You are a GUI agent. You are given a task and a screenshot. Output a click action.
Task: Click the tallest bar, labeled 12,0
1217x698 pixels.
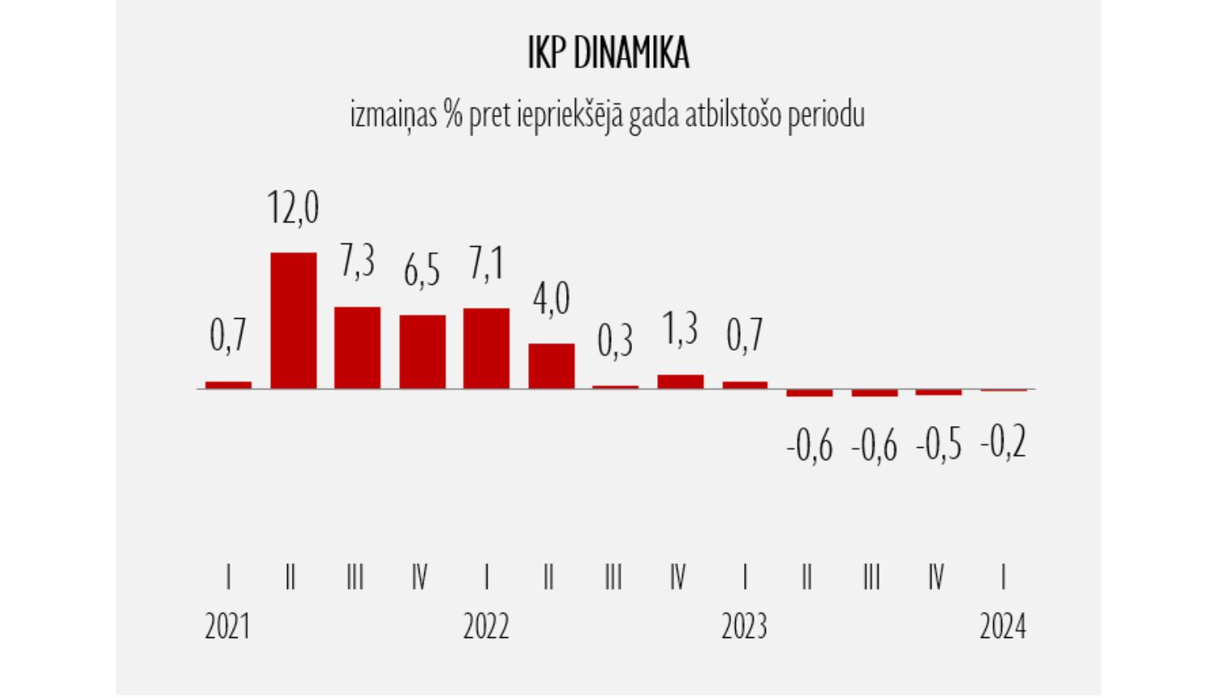point(293,321)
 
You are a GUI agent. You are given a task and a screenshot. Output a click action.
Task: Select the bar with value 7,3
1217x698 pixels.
point(357,347)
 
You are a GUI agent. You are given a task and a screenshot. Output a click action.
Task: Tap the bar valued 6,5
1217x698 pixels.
point(422,351)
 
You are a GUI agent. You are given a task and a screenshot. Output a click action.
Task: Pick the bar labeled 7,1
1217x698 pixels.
point(486,348)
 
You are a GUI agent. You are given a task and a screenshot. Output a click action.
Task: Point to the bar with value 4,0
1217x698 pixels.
point(551,366)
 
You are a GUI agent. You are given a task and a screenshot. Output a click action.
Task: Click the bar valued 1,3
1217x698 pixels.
point(680,381)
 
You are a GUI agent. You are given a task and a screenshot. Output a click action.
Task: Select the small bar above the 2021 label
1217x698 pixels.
point(228,385)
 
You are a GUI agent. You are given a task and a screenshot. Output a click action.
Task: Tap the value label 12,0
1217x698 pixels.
point(293,207)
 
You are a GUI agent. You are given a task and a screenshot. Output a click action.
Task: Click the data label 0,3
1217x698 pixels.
point(615,341)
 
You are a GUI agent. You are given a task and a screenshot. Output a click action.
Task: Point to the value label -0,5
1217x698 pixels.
point(939,446)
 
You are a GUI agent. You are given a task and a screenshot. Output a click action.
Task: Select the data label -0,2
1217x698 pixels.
point(1004,443)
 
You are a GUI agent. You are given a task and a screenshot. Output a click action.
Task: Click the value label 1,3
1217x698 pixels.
point(680,330)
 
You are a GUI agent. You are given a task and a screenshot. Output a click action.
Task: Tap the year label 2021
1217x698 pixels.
point(227,627)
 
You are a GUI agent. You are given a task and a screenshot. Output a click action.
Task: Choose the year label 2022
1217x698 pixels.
point(486,627)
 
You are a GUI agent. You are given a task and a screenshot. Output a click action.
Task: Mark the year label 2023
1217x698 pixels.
point(744,627)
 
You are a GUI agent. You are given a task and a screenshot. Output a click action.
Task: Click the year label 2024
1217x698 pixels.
point(1003,627)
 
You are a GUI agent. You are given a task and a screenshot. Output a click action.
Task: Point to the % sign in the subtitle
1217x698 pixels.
point(453,115)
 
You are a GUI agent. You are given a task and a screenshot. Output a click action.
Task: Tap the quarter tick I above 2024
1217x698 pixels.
point(1004,577)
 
